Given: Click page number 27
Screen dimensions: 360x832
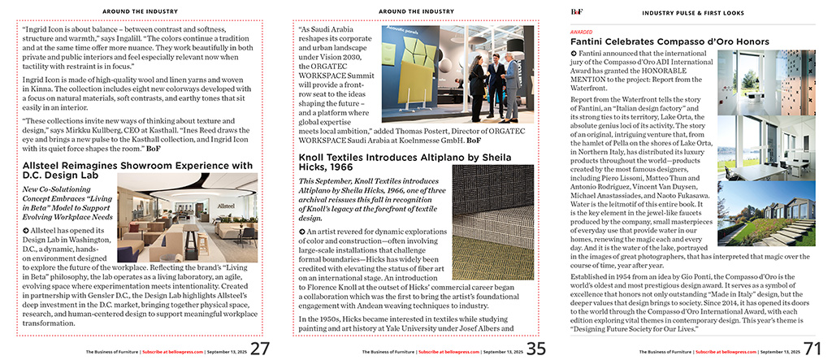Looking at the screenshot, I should (x=260, y=349).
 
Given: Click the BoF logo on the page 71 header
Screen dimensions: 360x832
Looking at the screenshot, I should (x=578, y=11).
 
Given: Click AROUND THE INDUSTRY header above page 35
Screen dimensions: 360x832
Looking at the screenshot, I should (x=415, y=12).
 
